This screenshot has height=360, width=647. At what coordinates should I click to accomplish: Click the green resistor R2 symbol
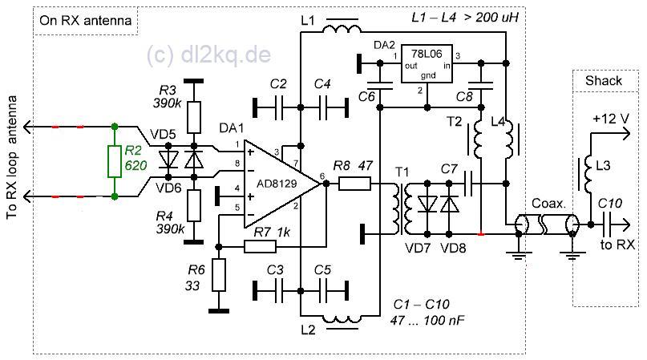pyautogui.click(x=115, y=161)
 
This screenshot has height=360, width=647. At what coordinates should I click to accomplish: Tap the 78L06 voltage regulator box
pyautogui.click(x=427, y=63)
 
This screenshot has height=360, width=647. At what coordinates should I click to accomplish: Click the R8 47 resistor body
pyautogui.click(x=354, y=184)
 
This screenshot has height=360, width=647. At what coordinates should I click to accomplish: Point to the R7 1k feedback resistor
pyautogui.click(x=260, y=247)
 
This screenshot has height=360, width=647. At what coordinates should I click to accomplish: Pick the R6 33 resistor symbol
pyautogui.click(x=219, y=275)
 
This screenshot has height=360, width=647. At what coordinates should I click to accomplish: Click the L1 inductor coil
pyautogui.click(x=342, y=30)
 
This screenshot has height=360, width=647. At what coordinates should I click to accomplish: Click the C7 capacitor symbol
pyautogui.click(x=468, y=184)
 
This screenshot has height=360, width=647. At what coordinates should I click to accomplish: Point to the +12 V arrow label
pyautogui.click(x=612, y=119)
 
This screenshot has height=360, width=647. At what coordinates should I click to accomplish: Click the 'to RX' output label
pyautogui.click(x=617, y=245)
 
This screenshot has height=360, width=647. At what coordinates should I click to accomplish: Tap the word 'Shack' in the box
pyautogui.click(x=603, y=80)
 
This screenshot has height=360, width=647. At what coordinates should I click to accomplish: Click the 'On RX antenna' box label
pyautogui.click(x=86, y=20)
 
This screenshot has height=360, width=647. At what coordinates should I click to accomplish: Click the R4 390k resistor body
pyautogui.click(x=194, y=205)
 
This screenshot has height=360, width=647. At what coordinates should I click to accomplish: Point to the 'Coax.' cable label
pyautogui.click(x=548, y=203)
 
